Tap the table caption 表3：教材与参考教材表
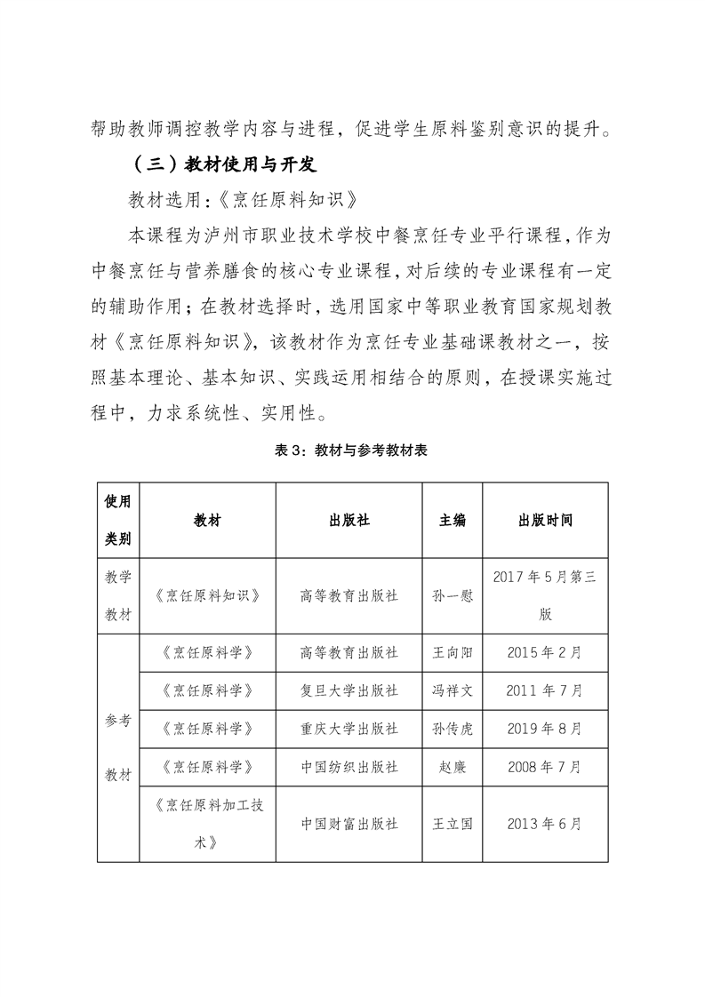click(353, 451)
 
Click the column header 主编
click(452, 521)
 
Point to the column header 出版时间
click(544, 521)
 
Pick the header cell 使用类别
click(118, 521)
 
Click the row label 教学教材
click(118, 595)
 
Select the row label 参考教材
click(118, 747)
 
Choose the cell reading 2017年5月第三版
click(544, 595)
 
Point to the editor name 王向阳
click(452, 652)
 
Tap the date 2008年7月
click(544, 766)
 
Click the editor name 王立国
click(452, 824)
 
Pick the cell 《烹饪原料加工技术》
click(207, 824)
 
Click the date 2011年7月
click(544, 690)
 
